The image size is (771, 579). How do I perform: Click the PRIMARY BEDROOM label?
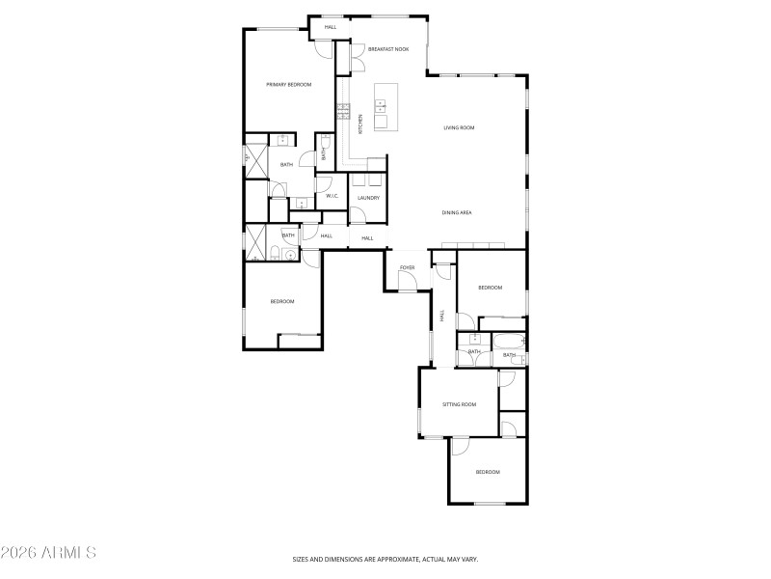[x=289, y=85]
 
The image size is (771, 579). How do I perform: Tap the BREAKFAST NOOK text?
[x=388, y=48]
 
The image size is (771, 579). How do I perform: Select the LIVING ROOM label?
[x=459, y=127]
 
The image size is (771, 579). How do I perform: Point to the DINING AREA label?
[x=457, y=212]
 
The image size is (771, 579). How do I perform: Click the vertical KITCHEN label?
[x=360, y=124]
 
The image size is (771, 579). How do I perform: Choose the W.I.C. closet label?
[x=331, y=196]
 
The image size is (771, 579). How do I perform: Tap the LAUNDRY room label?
[x=368, y=198]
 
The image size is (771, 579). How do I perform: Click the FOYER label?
[x=407, y=266]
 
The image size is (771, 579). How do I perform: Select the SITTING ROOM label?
[x=459, y=404]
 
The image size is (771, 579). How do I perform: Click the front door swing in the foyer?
[x=408, y=281]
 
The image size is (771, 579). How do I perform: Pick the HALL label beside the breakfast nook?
[x=331, y=27]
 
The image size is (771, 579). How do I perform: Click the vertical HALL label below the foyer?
[x=442, y=316]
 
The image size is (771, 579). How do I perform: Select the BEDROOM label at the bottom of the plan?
[x=488, y=472]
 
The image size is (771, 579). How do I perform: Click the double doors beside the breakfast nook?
[x=356, y=60]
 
